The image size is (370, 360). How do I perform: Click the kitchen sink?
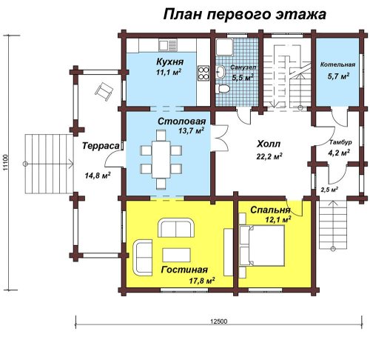pos(168,45)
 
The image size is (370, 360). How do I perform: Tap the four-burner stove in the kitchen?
pos(203,73)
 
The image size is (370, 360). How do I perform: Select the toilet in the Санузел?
pos(223,89)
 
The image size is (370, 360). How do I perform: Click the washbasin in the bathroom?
pos(221,72)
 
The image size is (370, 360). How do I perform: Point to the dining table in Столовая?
pos(161,159)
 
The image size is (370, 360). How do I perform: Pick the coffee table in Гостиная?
pos(176,255)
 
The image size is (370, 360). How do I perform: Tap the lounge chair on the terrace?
pos(104,92)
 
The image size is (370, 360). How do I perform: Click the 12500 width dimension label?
pos(219,321)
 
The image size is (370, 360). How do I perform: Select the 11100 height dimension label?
pos(6,162)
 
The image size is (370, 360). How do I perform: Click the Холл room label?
pos(269,144)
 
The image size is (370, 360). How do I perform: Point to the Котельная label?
pos(337,64)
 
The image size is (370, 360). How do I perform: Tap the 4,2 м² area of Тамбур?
pos(339,153)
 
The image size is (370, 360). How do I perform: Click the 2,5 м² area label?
pos(329,190)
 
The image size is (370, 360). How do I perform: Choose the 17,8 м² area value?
pos(202,281)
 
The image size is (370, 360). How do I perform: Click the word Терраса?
pos(101,146)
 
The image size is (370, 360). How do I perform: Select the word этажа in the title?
pos(301,14)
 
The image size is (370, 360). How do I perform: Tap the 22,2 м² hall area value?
pos(269,156)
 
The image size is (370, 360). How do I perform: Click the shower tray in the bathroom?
pos(224,47)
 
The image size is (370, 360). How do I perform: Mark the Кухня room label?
pos(169,61)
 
